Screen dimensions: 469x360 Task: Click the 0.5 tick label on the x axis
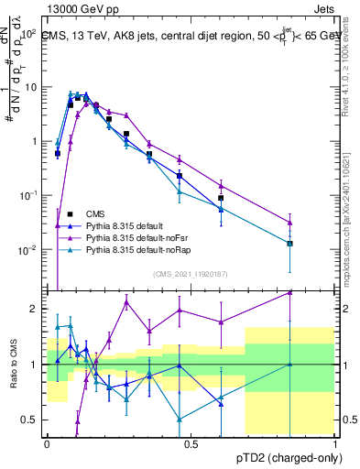(x=191, y=442)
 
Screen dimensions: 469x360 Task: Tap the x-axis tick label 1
(x=335, y=442)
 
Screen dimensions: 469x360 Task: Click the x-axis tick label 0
(x=48, y=442)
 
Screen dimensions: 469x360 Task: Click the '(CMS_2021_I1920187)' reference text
(x=191, y=274)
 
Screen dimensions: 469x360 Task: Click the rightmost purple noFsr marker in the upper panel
(x=289, y=222)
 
